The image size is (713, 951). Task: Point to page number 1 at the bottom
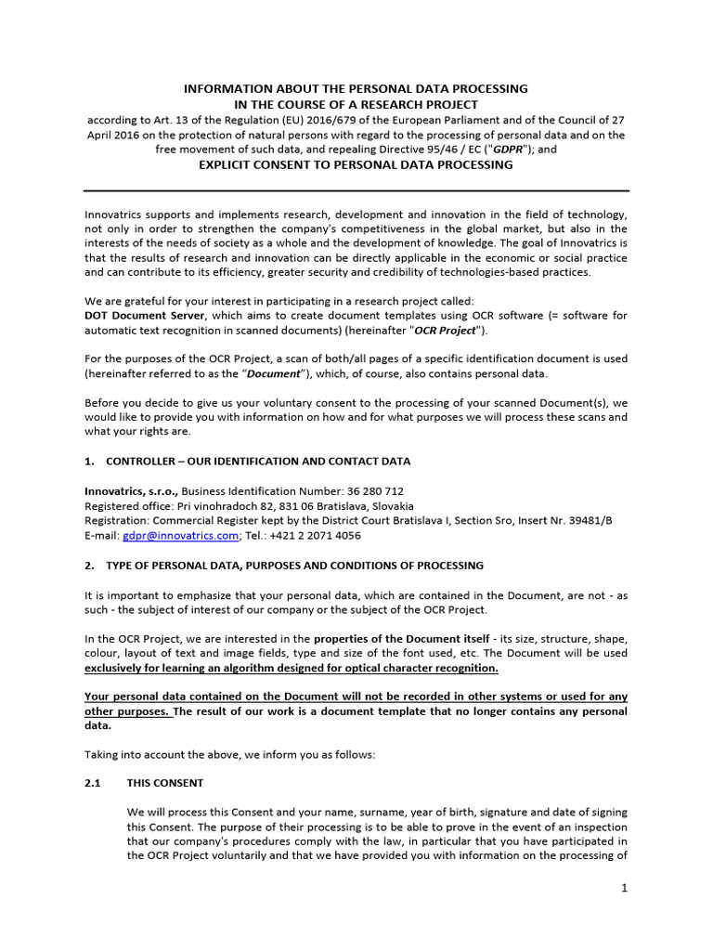point(625,888)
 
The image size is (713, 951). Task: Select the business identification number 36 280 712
point(371,491)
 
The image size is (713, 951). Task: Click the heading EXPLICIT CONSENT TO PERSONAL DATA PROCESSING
point(356,165)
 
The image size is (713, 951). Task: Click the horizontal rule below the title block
point(356,191)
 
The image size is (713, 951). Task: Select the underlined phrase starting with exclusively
point(291,669)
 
